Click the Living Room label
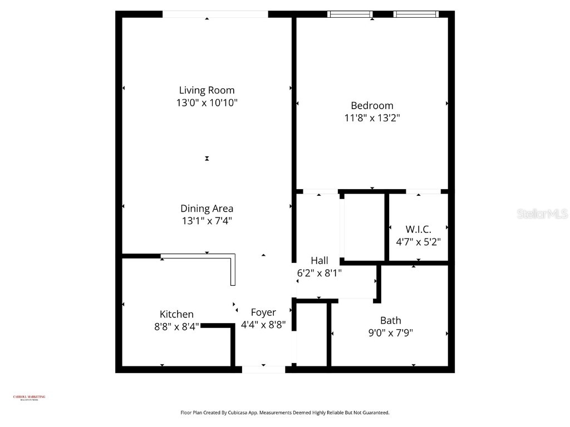pos(207,90)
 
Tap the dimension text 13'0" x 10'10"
pos(207,103)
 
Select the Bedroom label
pos(372,105)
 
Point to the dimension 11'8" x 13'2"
pos(372,118)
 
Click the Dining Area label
pos(207,208)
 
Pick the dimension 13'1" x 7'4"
pos(207,221)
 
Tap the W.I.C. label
pos(418,229)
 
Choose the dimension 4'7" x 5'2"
pos(418,242)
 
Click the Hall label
pos(319,260)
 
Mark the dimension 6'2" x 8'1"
pos(319,273)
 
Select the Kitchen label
pos(176,314)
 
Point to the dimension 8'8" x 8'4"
pos(176,327)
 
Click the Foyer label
pos(263,312)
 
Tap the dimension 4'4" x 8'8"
pos(263,325)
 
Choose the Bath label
pos(390,320)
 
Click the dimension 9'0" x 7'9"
pos(390,333)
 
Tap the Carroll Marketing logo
pos(29,398)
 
